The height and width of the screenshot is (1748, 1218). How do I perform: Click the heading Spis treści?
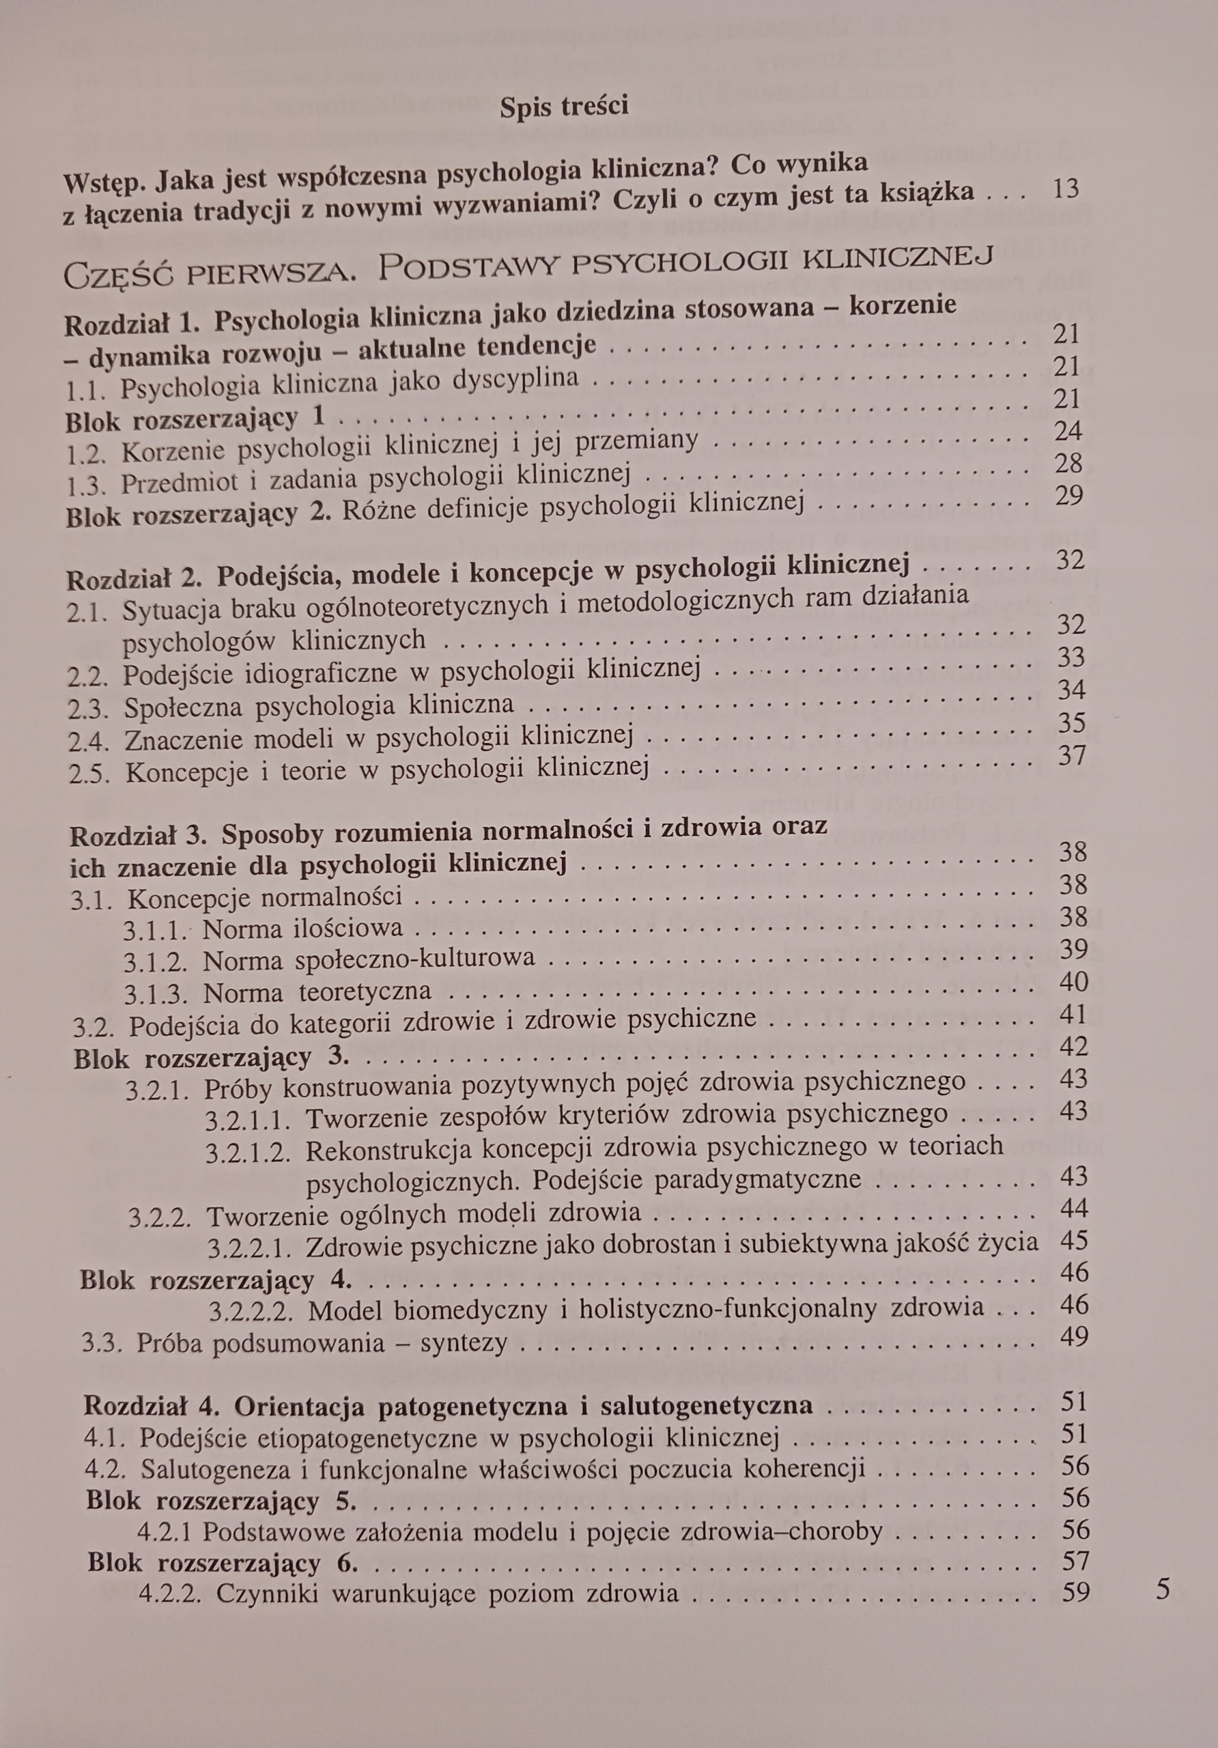[x=564, y=107]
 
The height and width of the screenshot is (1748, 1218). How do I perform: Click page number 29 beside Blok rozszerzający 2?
[x=1070, y=496]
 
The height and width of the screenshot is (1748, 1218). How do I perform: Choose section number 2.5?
[x=89, y=774]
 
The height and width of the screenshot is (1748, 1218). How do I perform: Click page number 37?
[x=1072, y=755]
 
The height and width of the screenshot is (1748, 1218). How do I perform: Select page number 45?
[x=1073, y=1241]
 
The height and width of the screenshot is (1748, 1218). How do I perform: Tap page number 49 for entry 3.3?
[x=1073, y=1336]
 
